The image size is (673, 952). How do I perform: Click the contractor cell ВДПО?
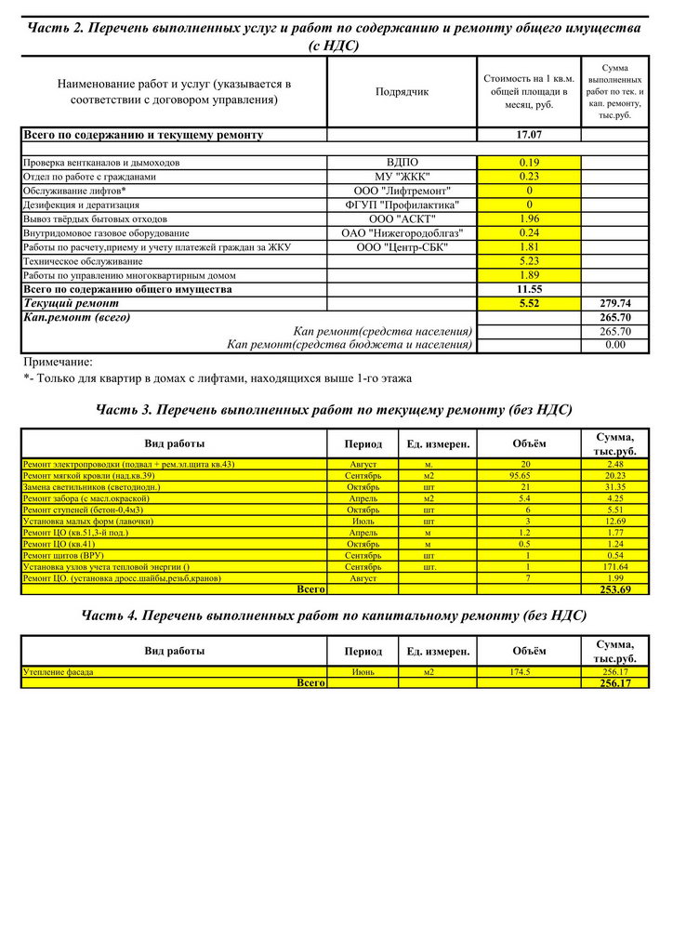pyautogui.click(x=402, y=163)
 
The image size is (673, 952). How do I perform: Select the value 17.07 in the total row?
pyautogui.click(x=528, y=135)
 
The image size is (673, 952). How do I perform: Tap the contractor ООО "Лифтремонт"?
pyautogui.click(x=402, y=191)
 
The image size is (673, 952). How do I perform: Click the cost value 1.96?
pyautogui.click(x=528, y=218)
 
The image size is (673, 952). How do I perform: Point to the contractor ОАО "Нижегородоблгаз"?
pyautogui.click(x=402, y=232)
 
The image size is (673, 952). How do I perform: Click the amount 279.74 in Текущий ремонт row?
pyautogui.click(x=615, y=303)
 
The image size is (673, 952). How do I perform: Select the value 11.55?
pyautogui.click(x=528, y=289)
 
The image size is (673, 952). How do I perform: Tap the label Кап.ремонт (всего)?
pyautogui.click(x=76, y=317)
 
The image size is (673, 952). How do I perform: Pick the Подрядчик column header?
pyautogui.click(x=402, y=92)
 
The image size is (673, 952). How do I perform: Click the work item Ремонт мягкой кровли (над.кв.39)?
pyautogui.click(x=89, y=475)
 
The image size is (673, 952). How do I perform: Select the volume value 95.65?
pyautogui.click(x=527, y=475)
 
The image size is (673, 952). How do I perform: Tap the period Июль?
pyautogui.click(x=363, y=521)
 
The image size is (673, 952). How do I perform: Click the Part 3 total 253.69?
pyautogui.click(x=615, y=589)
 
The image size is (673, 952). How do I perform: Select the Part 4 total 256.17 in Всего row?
pyautogui.click(x=615, y=683)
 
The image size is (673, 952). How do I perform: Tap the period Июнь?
pyautogui.click(x=363, y=671)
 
